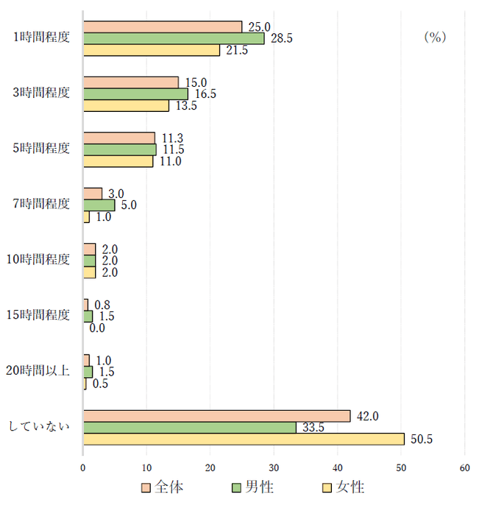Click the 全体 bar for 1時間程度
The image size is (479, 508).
pos(163,27)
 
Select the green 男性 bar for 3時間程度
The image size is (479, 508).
pos(136,94)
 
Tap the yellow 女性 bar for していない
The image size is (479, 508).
pos(244,439)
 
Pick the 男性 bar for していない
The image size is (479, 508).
pos(190,427)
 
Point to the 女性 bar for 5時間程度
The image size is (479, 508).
pos(118,161)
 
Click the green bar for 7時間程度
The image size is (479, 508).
pos(99,205)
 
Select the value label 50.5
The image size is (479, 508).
pos(421,440)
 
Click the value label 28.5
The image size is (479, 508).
pos(281,38)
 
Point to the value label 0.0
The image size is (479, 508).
pos(97,328)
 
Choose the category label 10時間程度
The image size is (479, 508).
pos(43,260)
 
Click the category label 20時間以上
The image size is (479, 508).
pos(43,371)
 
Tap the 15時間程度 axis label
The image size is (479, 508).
pos(43,316)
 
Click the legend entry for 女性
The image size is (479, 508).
pos(344,487)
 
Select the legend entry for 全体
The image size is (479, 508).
pos(163,487)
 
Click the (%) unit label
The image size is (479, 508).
pos(435,37)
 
